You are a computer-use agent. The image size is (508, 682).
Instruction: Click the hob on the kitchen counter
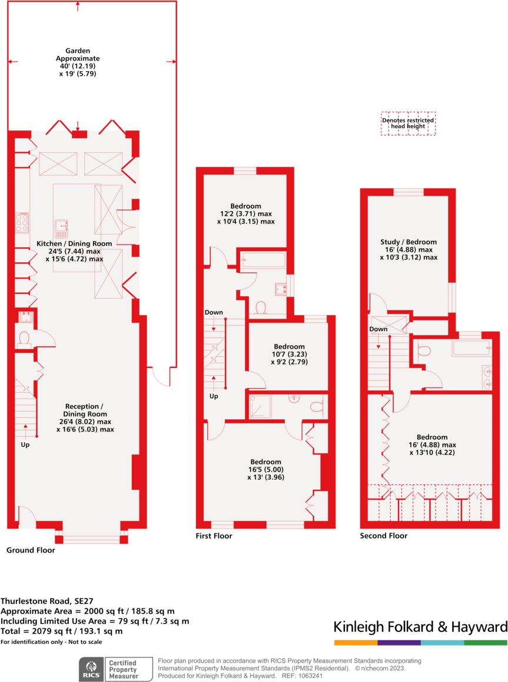click(x=22, y=223)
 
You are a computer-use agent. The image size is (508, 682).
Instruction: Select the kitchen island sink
click(x=61, y=229)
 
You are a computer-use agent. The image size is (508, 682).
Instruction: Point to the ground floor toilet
click(x=23, y=339)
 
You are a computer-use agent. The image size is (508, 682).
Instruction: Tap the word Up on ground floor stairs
click(x=25, y=444)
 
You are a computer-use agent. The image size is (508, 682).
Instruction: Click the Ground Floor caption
click(x=31, y=550)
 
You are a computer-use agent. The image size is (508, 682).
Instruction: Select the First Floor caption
click(x=214, y=536)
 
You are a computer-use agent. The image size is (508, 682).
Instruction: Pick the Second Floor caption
click(x=384, y=536)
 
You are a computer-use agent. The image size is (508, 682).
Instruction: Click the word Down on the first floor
click(x=214, y=312)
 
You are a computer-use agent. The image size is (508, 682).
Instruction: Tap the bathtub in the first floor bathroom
click(x=263, y=260)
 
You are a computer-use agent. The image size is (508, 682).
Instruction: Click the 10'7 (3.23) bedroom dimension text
click(x=289, y=354)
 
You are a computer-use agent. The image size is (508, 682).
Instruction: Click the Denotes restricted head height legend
click(x=408, y=123)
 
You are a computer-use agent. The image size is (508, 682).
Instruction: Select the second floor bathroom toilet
click(x=424, y=349)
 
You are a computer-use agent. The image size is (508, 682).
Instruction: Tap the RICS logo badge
click(x=91, y=670)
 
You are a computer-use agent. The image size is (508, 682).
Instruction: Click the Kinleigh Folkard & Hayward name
click(x=420, y=627)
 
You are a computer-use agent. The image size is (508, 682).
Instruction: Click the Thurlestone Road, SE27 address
click(x=47, y=601)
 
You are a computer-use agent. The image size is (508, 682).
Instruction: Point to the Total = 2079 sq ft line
click(x=61, y=631)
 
